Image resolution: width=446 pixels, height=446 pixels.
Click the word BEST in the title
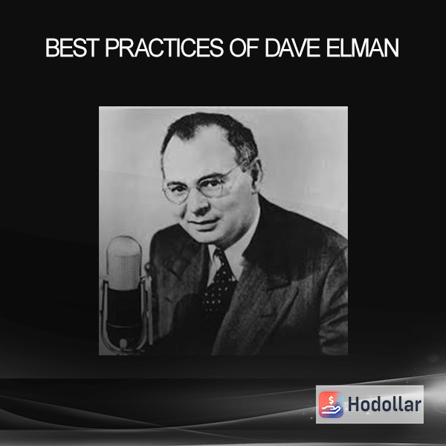pyautogui.click(x=72, y=48)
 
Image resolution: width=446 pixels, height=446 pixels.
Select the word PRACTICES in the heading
pyautogui.click(x=165, y=48)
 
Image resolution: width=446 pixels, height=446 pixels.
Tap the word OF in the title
pyautogui.click(x=244, y=48)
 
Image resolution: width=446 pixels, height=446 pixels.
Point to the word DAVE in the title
pyautogui.click(x=292, y=48)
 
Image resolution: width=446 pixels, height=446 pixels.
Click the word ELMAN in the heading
pyautogui.click(x=363, y=48)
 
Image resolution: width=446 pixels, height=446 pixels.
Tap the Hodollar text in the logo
pyautogui.click(x=384, y=404)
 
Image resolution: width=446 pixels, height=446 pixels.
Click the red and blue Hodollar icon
pyautogui.click(x=331, y=404)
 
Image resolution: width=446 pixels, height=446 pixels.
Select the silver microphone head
pyautogui.click(x=124, y=262)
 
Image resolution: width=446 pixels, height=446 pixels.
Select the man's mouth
pyautogui.click(x=205, y=222)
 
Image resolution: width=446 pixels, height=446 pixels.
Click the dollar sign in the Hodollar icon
pyautogui.click(x=331, y=400)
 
